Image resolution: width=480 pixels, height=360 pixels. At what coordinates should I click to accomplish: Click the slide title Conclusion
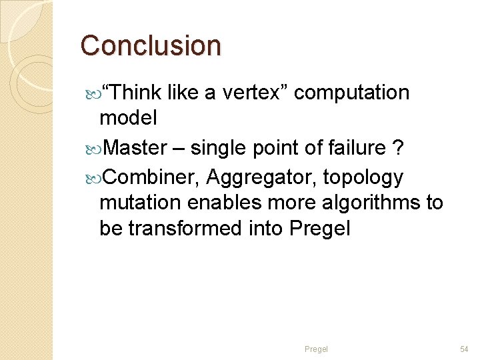coord(151,45)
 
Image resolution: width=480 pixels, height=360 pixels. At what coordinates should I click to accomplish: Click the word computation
coord(351,93)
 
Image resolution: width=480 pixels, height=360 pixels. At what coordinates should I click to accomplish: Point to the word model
coord(128,119)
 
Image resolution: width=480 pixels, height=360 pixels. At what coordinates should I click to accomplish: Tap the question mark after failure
coord(397,147)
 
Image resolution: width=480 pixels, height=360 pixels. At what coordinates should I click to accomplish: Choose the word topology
coord(363,177)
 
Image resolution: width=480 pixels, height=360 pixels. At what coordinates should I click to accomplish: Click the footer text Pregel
coord(316,349)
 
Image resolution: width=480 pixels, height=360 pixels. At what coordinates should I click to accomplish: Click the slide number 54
coord(464,349)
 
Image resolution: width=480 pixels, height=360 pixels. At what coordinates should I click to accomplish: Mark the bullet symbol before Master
coord(92,148)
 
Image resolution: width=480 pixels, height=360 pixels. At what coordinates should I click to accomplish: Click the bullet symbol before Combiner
coord(92,178)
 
